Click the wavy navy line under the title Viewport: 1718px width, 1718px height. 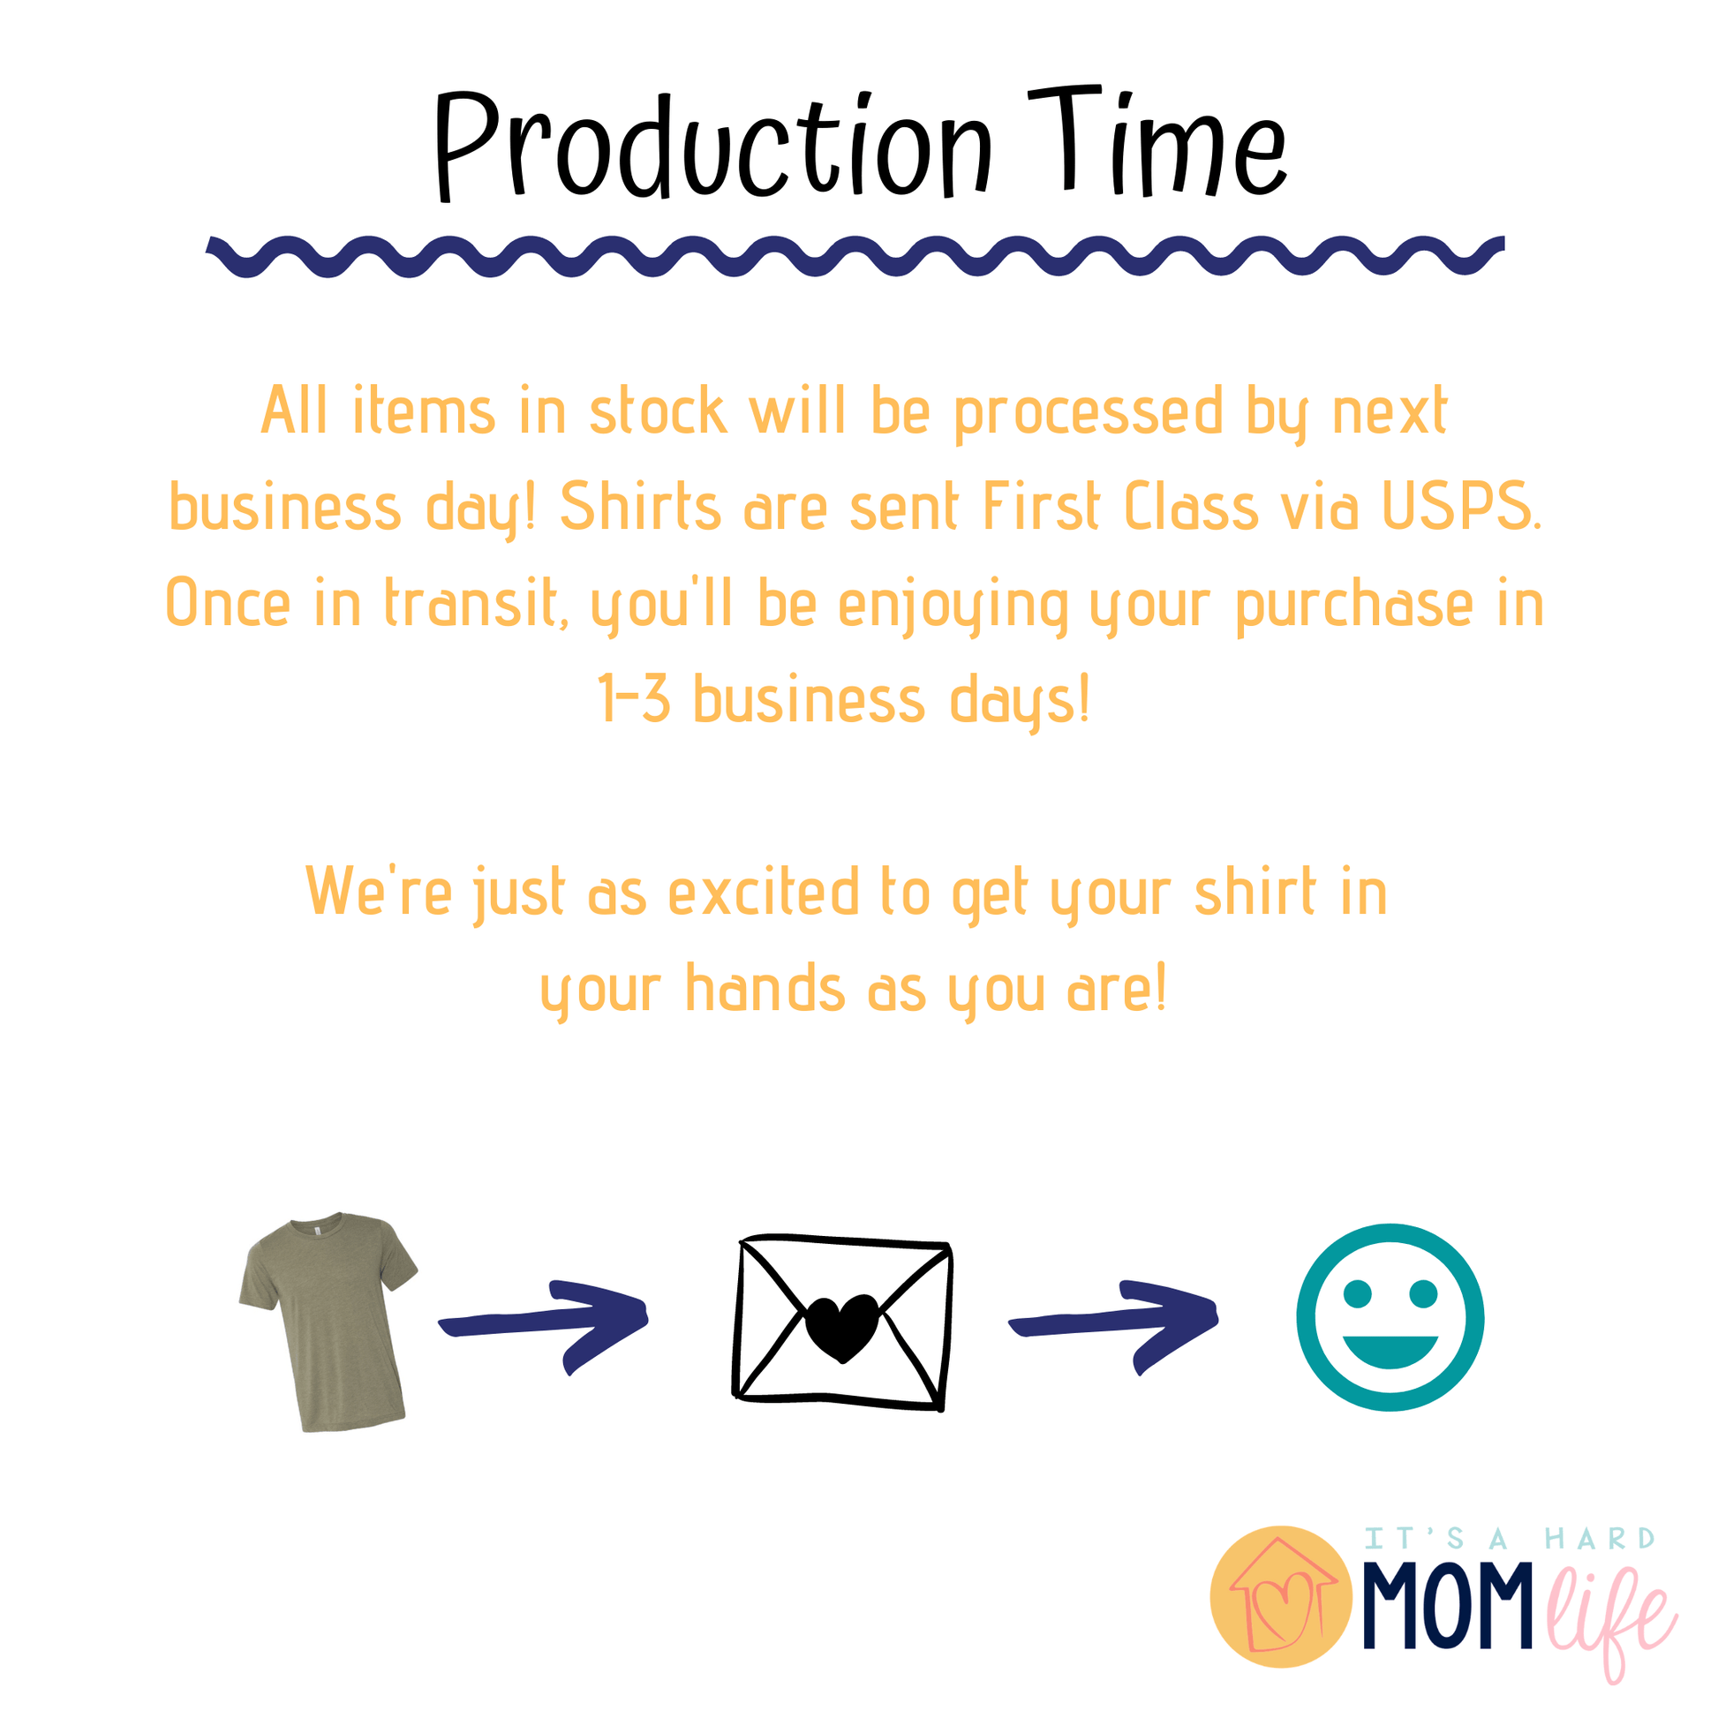(x=855, y=256)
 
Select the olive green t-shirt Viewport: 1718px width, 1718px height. (x=328, y=1322)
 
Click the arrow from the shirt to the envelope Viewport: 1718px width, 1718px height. (x=543, y=1325)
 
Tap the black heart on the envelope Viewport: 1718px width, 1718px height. (x=842, y=1328)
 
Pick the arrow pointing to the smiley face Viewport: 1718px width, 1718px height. (x=1113, y=1325)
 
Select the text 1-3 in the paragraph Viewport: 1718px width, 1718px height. (x=634, y=699)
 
